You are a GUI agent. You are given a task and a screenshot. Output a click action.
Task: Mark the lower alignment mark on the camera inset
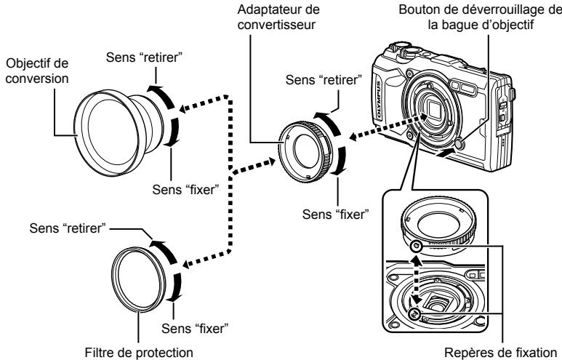[414, 313]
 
